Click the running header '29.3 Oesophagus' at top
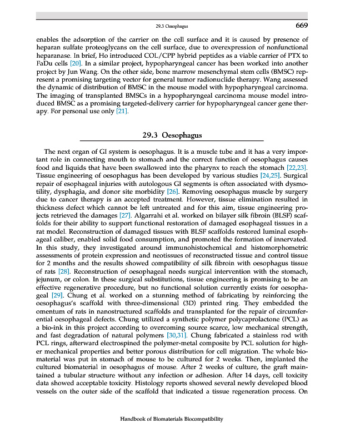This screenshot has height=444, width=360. point(172,26)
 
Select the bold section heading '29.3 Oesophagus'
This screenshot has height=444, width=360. point(172,135)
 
